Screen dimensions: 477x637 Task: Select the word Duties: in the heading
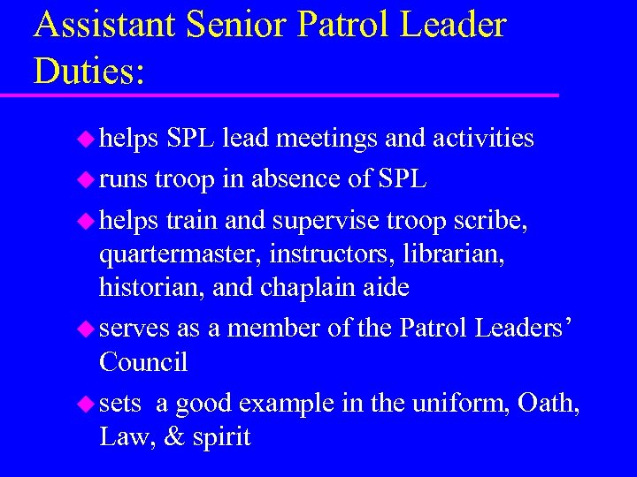88,70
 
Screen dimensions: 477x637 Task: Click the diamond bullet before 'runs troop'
87,179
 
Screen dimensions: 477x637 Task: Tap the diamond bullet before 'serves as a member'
87,329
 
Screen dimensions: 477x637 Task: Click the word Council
143,361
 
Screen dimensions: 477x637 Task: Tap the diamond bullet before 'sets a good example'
87,404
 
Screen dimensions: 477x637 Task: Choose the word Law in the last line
123,436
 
